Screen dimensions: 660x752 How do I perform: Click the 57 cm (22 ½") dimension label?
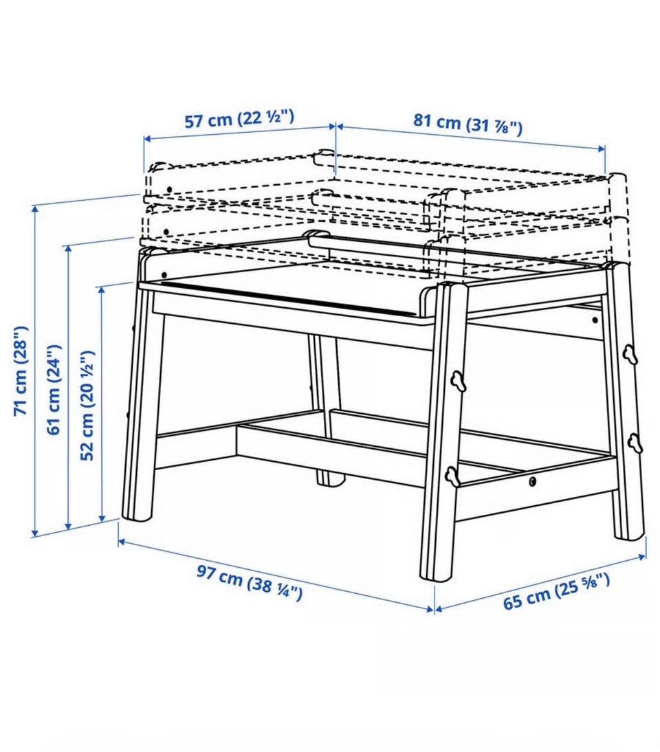[239, 118]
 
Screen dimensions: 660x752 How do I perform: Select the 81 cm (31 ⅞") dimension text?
[467, 124]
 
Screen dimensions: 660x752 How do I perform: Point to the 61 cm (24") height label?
[54, 389]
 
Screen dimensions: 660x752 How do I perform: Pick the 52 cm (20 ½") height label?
[87, 405]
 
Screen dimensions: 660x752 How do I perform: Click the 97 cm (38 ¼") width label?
[250, 582]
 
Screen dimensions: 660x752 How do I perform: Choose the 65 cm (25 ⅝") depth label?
[556, 590]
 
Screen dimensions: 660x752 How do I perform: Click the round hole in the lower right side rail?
[533, 481]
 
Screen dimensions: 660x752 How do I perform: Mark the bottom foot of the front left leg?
[137, 515]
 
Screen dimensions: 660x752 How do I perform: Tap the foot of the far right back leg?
[629, 533]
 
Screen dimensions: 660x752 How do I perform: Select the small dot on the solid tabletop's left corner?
[164, 275]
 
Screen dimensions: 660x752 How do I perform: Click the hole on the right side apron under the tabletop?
[595, 320]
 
